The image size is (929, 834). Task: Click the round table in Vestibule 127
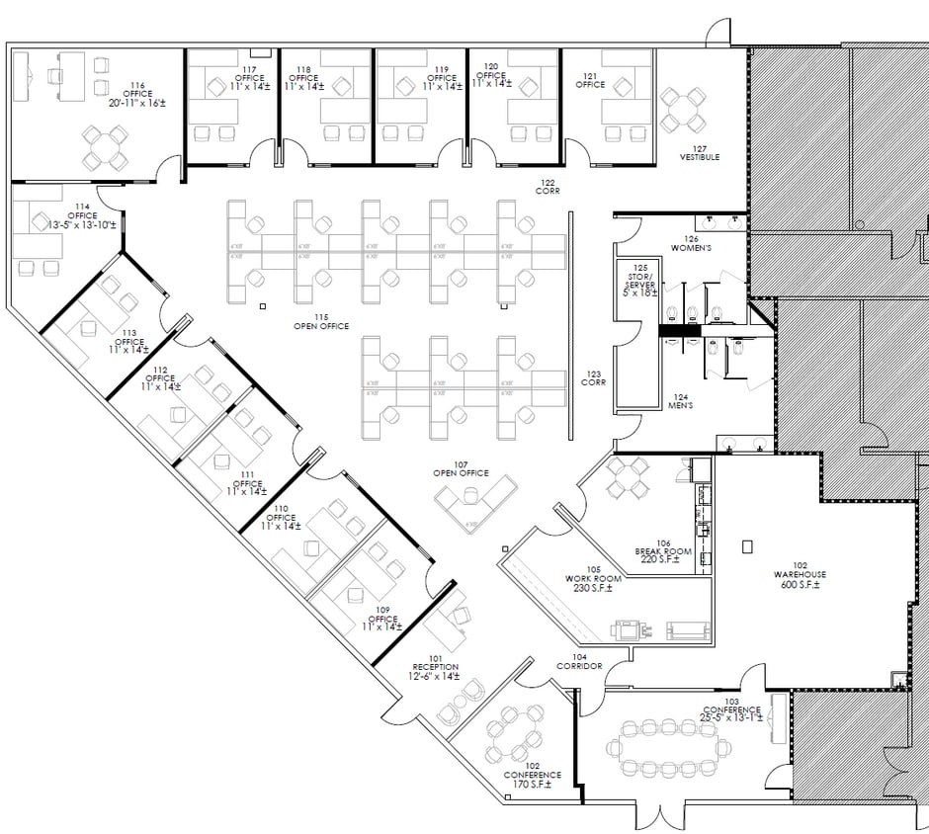(683, 110)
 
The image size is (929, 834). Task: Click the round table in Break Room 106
(627, 479)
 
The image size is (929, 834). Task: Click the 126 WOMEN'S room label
(691, 243)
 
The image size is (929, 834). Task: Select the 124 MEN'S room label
(680, 400)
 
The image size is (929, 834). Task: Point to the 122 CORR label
(549, 187)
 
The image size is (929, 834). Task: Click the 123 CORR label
(593, 378)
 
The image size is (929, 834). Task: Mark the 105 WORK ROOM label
(589, 579)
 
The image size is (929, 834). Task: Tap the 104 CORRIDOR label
(579, 661)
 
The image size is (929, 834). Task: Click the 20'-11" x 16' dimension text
(137, 103)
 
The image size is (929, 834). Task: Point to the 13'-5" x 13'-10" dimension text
(83, 224)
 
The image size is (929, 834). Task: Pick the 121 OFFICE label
(590, 80)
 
